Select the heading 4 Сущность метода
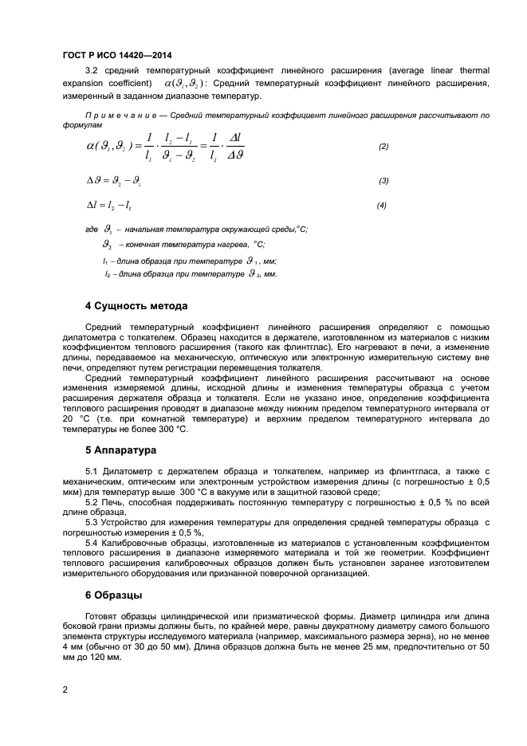(x=136, y=306)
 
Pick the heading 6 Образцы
(x=114, y=595)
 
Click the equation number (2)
(x=383, y=147)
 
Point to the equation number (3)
(x=383, y=180)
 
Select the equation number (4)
(x=381, y=206)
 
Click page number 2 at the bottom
(x=65, y=688)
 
